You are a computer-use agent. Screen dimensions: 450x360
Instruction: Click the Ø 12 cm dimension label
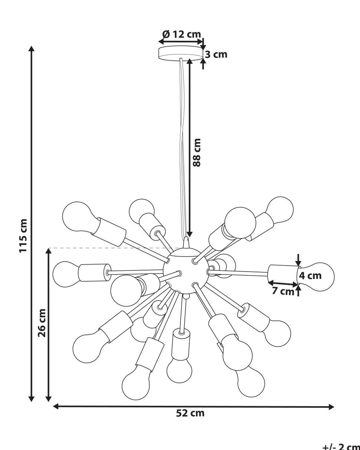tap(182, 35)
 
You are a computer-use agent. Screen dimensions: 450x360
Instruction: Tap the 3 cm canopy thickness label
tap(216, 55)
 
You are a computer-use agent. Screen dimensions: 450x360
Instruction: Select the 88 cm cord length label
tap(197, 152)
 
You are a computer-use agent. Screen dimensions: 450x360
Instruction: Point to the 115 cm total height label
tap(23, 236)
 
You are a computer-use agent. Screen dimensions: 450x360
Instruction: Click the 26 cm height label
tap(42, 323)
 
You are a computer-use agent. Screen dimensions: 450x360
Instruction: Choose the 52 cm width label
tap(190, 413)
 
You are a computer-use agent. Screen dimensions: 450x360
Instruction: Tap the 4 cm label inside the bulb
tap(310, 276)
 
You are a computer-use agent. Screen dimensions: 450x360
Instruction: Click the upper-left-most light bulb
tap(77, 217)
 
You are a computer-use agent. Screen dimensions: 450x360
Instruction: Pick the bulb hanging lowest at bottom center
tap(179, 369)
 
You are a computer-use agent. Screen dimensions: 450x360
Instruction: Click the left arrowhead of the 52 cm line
tap(56, 407)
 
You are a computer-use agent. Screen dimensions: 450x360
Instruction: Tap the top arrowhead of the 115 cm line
tap(32, 49)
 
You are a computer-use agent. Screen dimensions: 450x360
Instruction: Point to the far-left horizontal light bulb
tap(65, 274)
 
